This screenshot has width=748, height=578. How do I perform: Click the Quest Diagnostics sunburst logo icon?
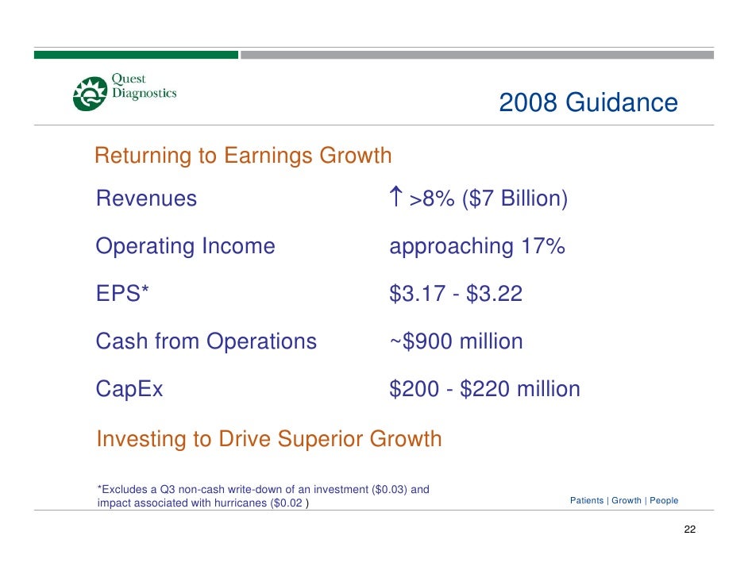(x=90, y=94)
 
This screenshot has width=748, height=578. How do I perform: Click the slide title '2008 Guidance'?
(x=588, y=103)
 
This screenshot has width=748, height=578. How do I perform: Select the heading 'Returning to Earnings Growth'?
(x=243, y=156)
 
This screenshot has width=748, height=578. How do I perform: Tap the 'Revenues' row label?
(x=146, y=198)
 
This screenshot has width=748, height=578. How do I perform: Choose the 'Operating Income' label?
(x=185, y=246)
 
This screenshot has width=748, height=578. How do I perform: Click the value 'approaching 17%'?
(x=476, y=246)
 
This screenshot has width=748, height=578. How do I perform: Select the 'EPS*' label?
(x=122, y=294)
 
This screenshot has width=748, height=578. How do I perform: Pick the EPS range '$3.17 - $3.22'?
(x=456, y=294)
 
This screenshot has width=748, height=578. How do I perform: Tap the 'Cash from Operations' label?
(x=206, y=341)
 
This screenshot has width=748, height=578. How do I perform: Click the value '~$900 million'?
(x=456, y=341)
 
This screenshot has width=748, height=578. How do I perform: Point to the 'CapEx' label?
(x=129, y=389)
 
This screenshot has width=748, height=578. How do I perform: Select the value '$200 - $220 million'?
(x=484, y=389)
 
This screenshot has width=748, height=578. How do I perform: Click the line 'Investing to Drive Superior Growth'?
(x=268, y=438)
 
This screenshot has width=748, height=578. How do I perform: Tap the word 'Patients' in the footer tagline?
(x=587, y=501)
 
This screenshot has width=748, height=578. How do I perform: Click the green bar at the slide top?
(x=135, y=55)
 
